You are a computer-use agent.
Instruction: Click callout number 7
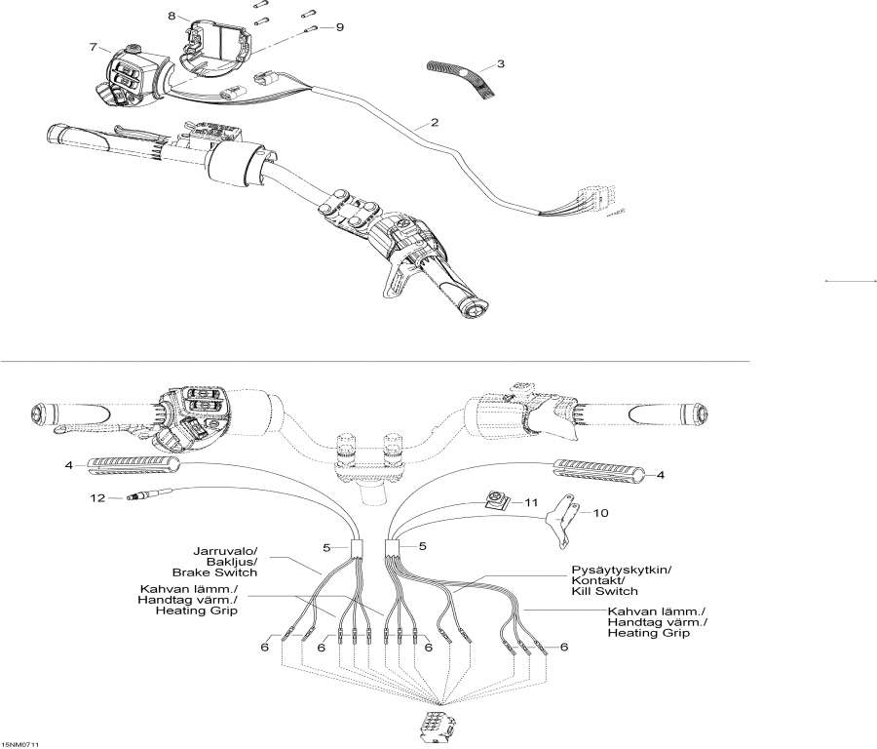click(x=94, y=47)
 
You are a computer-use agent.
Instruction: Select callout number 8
click(x=172, y=17)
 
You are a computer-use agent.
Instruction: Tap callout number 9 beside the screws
click(x=340, y=27)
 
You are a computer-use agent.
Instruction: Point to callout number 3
click(x=500, y=64)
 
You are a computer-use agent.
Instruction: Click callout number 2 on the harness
click(x=434, y=123)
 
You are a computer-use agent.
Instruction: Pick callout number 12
click(x=96, y=498)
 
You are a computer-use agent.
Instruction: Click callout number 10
click(x=600, y=513)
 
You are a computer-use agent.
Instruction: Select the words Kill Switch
click(x=604, y=591)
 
